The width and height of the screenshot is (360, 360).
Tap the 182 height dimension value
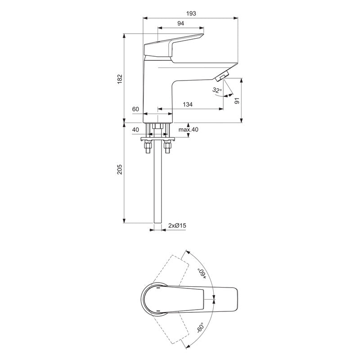coord(119,78)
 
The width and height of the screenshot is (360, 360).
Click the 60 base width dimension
coord(135,109)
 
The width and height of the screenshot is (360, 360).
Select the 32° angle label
coord(217,90)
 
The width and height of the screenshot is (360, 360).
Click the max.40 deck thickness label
coord(188,130)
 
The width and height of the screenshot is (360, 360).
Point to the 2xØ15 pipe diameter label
coord(177,225)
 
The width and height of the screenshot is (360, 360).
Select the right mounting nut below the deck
coord(168,147)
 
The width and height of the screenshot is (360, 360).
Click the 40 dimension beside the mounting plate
coord(135,130)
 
